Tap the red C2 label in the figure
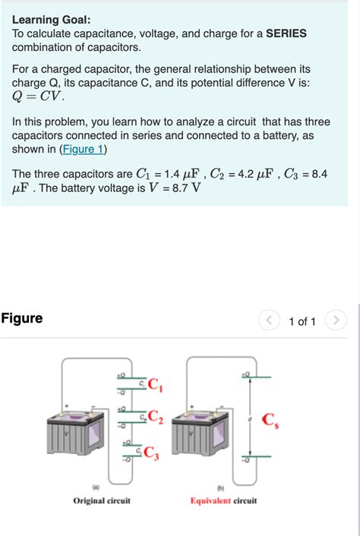(x=155, y=416)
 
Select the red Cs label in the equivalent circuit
(x=270, y=420)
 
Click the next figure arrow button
(x=336, y=321)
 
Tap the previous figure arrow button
(x=269, y=321)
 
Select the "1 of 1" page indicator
(x=302, y=322)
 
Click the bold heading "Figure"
(x=22, y=318)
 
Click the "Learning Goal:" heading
(x=51, y=20)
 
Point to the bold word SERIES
(x=286, y=34)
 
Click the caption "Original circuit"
(x=102, y=501)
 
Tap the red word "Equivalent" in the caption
(x=210, y=501)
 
